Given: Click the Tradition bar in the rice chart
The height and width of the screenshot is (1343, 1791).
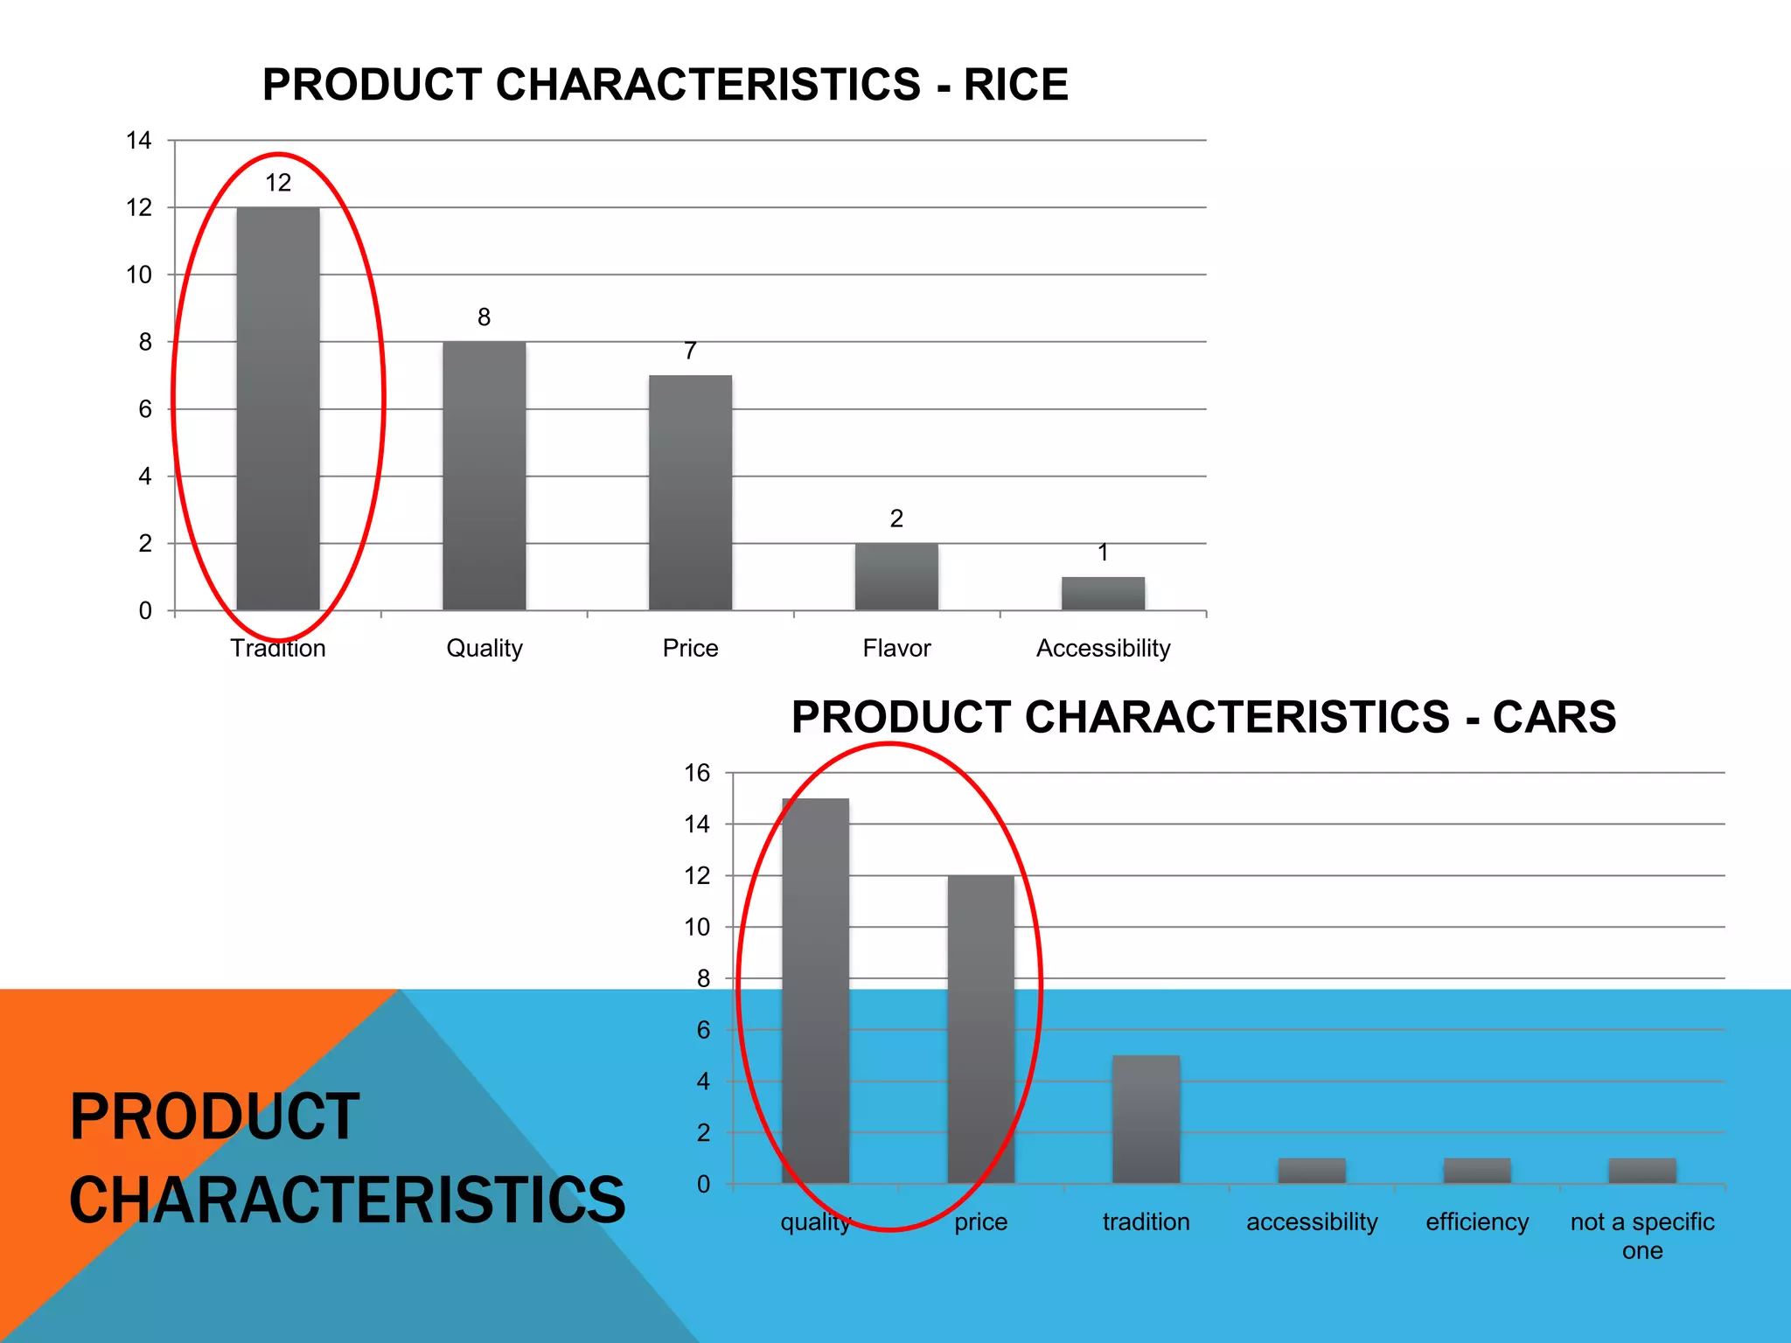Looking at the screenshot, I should click(x=278, y=408).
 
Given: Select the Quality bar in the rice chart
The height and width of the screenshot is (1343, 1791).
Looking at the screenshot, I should click(x=484, y=476).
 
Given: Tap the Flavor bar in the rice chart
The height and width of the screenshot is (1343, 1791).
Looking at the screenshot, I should click(x=896, y=576).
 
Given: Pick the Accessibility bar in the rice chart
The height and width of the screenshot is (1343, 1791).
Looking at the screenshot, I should click(x=1103, y=593).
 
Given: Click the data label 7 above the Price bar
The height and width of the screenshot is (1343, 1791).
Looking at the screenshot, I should click(x=690, y=351).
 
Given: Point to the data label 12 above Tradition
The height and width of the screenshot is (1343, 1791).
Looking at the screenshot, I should click(x=278, y=183).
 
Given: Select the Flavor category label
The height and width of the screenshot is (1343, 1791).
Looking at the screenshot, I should click(x=896, y=648).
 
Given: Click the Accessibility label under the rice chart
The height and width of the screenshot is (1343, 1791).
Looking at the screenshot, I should click(x=1103, y=648).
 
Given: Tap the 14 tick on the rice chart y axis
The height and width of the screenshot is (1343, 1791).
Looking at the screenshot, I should click(x=139, y=140).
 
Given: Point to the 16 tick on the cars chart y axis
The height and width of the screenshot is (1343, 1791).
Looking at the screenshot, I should click(x=697, y=773).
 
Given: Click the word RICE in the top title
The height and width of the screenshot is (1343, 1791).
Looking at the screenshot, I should click(x=1015, y=85).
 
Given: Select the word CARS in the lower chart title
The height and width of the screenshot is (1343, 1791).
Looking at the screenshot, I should click(x=1554, y=717).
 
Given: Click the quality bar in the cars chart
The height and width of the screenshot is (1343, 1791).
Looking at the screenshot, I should click(x=815, y=991).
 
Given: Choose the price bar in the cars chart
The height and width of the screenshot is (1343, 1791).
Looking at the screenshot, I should click(x=980, y=1029).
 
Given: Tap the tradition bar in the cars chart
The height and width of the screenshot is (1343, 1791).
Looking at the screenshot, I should click(x=1146, y=1119).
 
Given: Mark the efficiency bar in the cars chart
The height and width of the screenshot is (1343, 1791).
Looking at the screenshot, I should click(x=1476, y=1171).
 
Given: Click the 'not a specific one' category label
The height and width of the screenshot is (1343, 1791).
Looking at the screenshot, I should click(x=1641, y=1235).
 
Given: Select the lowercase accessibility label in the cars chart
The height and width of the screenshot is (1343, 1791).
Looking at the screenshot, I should click(x=1311, y=1221).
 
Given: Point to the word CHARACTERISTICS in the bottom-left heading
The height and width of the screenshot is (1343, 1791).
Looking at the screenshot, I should click(x=347, y=1200).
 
